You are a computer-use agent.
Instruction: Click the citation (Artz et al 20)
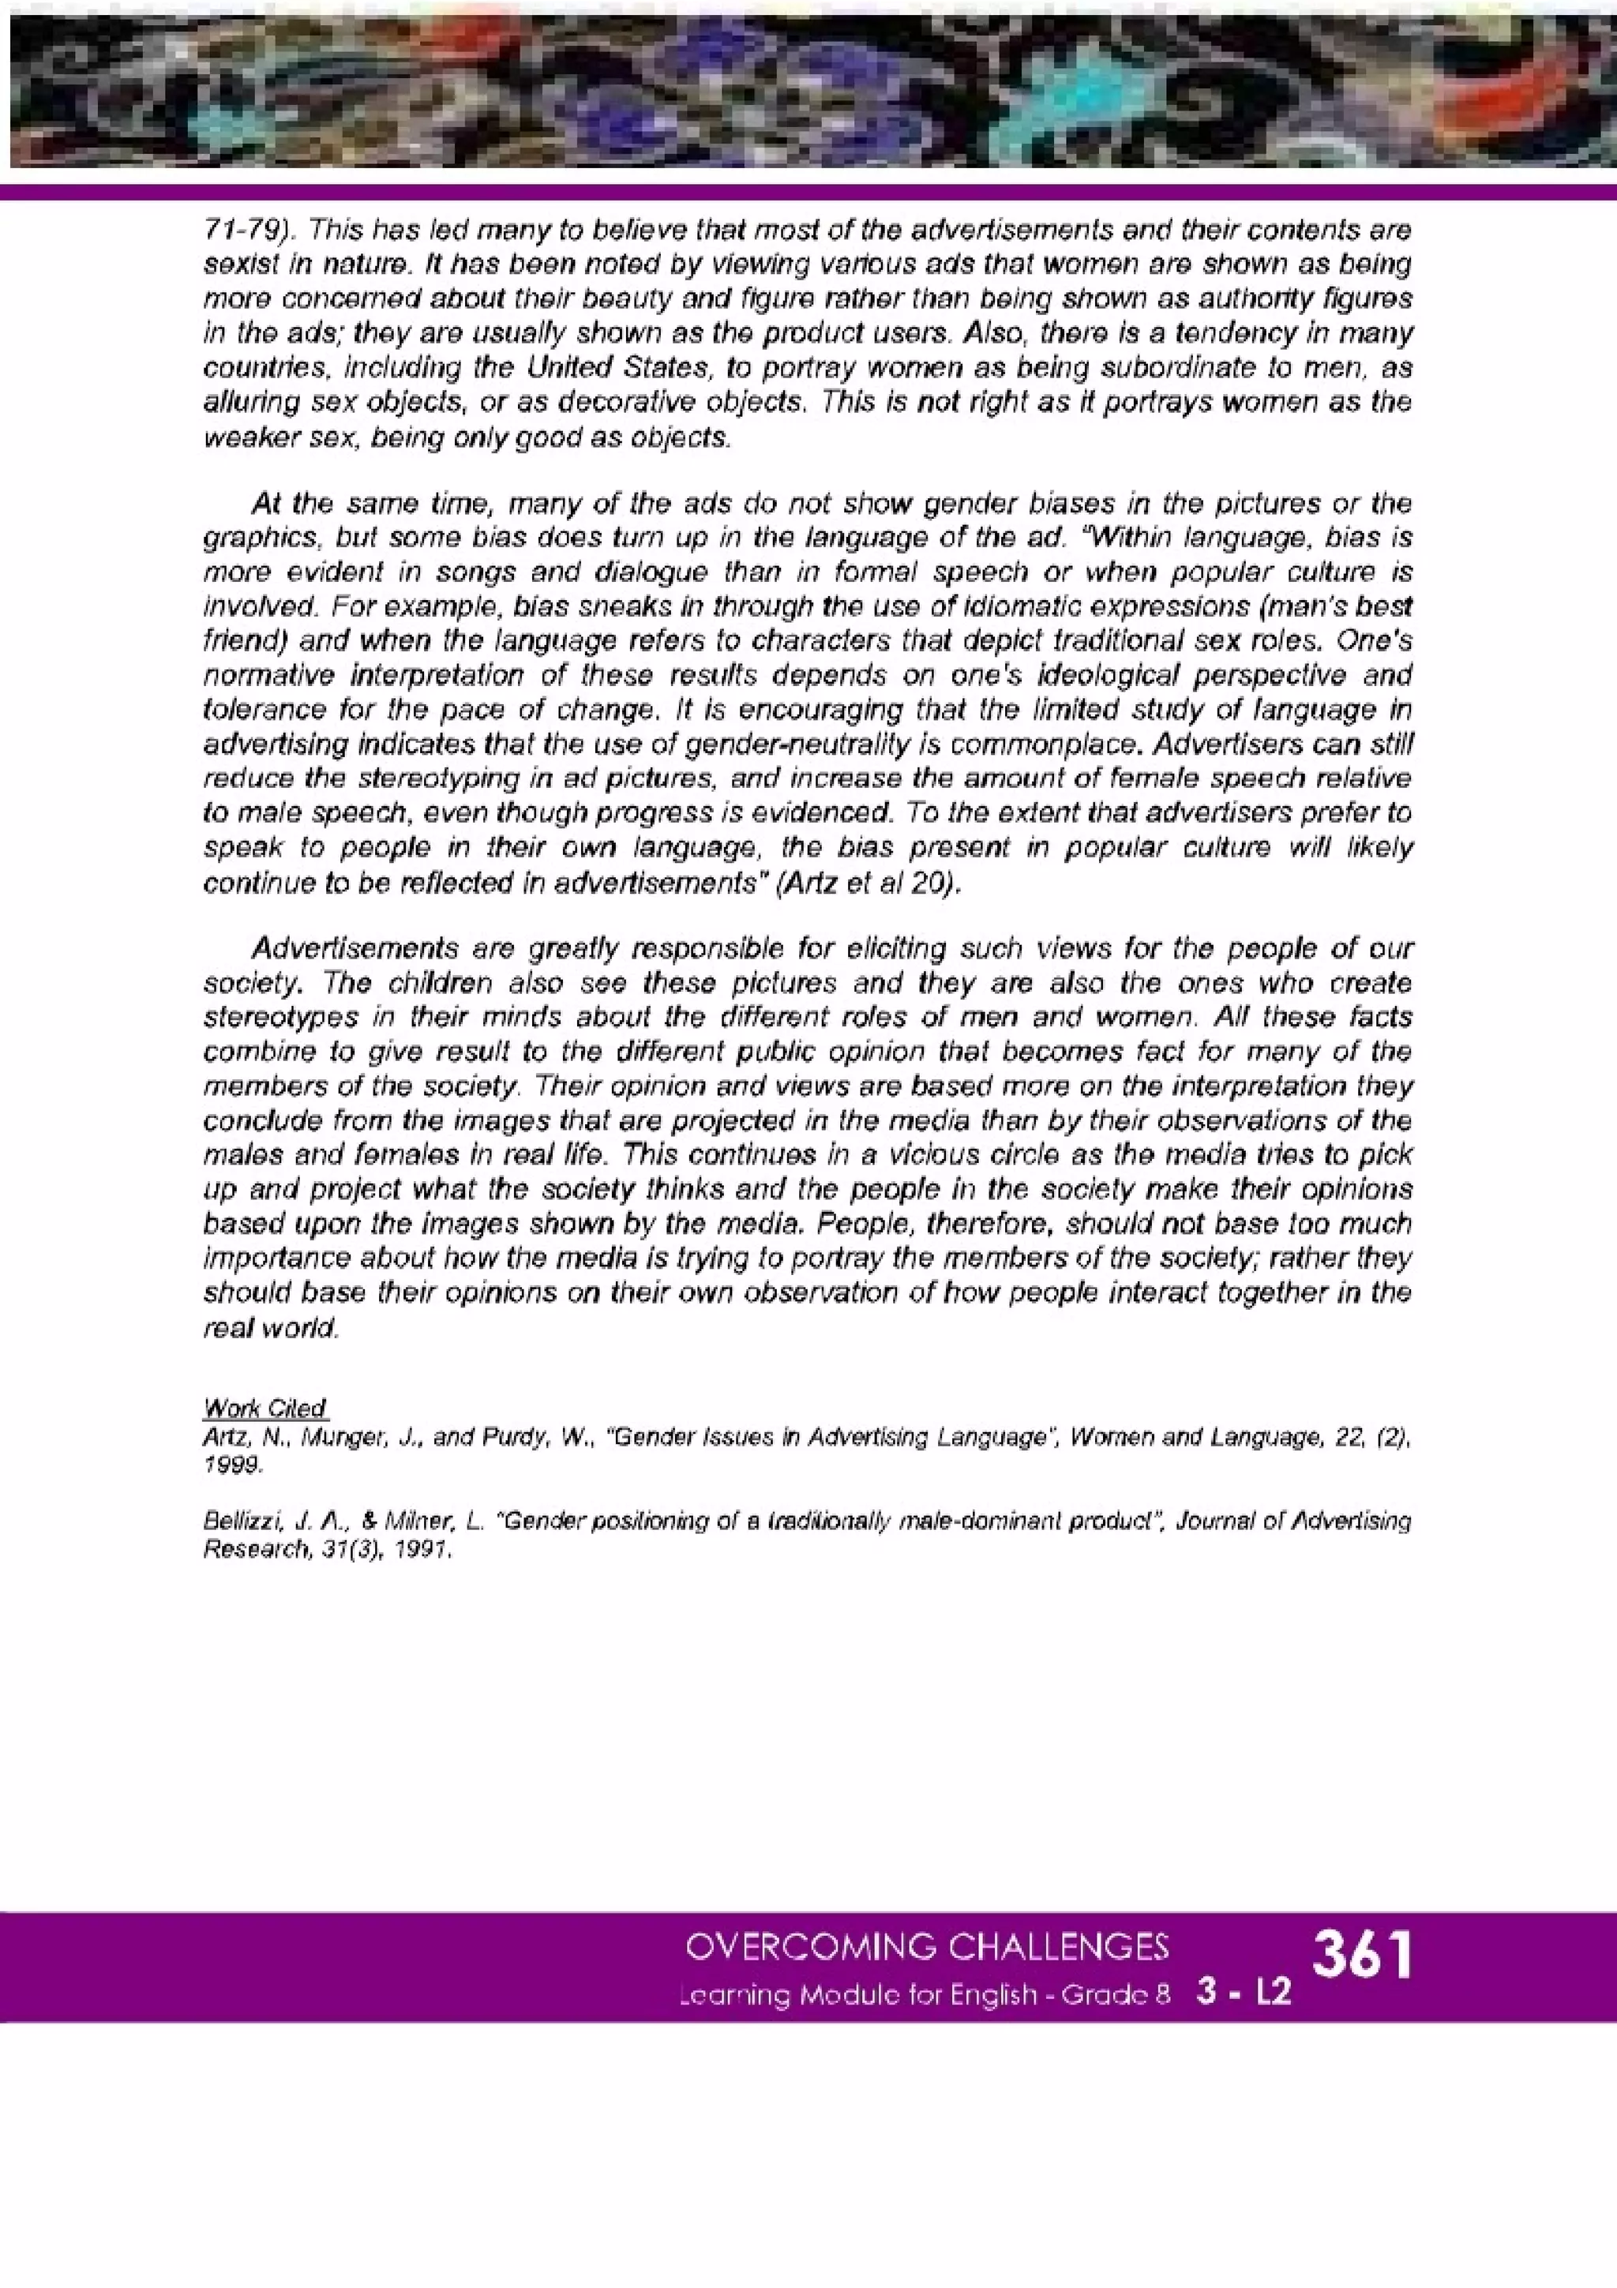tap(868, 885)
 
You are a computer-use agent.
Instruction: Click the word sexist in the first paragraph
tap(236, 266)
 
